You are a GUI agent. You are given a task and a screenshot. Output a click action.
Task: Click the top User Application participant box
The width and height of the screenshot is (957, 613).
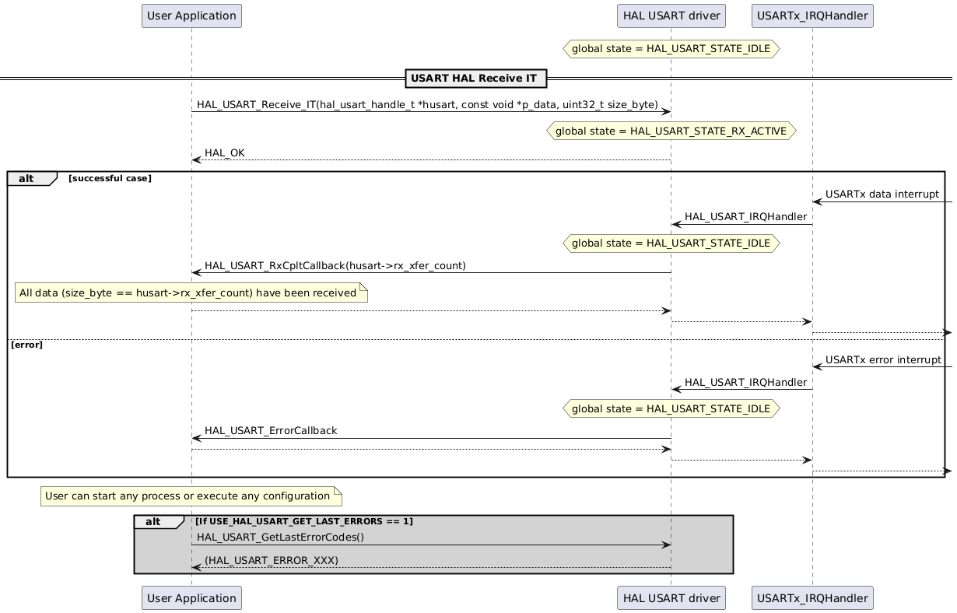click(x=191, y=16)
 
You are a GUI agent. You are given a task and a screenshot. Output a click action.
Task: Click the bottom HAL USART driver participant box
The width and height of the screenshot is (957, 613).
click(x=671, y=597)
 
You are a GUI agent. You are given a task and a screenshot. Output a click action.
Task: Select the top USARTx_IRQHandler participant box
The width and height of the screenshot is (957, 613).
click(x=812, y=16)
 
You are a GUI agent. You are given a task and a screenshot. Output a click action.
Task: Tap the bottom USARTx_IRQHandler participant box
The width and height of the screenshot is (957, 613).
click(x=812, y=597)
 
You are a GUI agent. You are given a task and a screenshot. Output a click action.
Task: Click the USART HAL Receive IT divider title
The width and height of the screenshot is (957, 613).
click(x=473, y=79)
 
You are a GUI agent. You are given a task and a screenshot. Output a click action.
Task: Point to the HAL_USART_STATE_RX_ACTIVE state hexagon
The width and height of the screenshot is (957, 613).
click(x=671, y=131)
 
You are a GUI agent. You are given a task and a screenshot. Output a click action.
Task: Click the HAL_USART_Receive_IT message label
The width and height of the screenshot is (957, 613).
click(x=427, y=104)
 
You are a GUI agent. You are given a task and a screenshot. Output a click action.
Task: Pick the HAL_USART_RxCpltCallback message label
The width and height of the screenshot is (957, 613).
click(x=335, y=266)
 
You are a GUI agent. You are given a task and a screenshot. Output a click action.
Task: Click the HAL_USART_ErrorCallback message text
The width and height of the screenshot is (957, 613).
click(x=270, y=430)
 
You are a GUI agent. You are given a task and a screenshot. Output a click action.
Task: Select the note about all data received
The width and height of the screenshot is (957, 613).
click(x=191, y=293)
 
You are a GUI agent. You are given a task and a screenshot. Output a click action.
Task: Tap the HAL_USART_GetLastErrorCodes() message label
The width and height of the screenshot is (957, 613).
click(x=280, y=537)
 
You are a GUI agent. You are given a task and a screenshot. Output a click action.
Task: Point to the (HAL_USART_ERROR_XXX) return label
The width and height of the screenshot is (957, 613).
click(x=271, y=560)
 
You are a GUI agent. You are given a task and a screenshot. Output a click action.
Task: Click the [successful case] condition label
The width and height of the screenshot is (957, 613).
click(x=110, y=179)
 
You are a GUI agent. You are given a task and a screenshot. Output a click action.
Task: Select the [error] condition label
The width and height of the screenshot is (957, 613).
click(x=26, y=345)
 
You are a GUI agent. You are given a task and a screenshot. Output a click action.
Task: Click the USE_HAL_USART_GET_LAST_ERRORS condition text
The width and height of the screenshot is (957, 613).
click(x=304, y=521)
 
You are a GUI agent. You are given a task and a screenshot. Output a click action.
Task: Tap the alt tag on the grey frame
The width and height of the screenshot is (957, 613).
click(x=153, y=522)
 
